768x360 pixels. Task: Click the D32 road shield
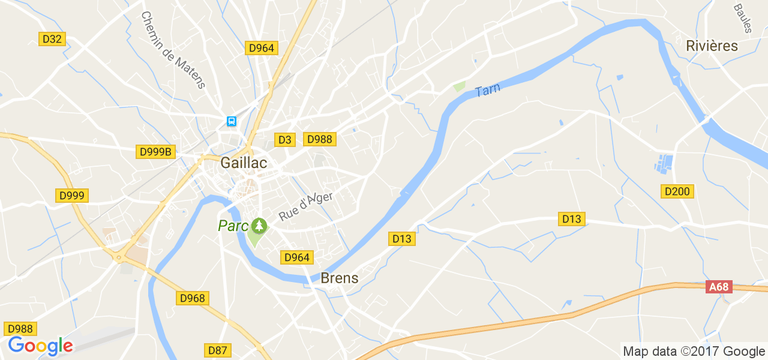point(52,39)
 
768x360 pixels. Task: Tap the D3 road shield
point(285,140)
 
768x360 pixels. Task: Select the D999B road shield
point(155,152)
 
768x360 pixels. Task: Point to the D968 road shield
point(192,298)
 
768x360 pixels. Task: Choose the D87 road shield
point(218,350)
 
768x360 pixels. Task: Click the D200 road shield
point(678,191)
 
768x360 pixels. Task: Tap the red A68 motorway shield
point(718,287)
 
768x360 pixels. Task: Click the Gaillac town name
point(244,163)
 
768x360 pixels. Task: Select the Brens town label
point(340,278)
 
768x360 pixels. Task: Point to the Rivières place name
point(712,46)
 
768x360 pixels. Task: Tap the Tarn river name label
point(487,90)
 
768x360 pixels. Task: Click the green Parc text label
point(233,226)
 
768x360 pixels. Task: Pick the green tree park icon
point(259,226)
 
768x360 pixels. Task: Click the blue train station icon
point(232,121)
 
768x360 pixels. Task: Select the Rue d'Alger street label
point(305,206)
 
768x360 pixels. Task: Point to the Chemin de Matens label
point(173,50)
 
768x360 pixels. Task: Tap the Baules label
point(743,18)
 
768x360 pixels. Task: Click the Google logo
point(40,346)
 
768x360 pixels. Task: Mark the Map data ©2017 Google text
point(694,352)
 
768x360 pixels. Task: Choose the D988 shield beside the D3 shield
point(319,139)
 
